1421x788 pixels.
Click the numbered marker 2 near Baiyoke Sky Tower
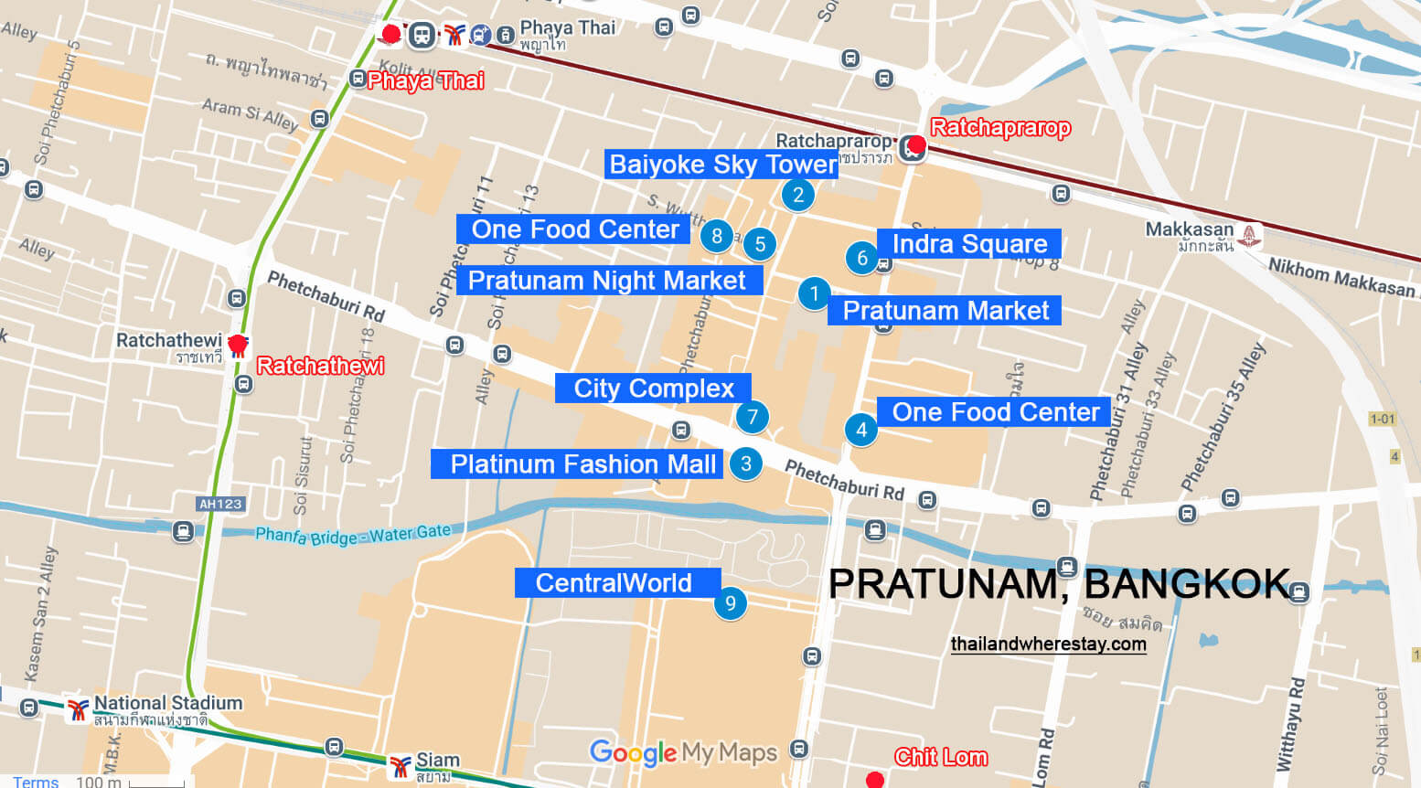pyautogui.click(x=798, y=195)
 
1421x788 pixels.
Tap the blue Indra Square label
pyautogui.click(x=969, y=244)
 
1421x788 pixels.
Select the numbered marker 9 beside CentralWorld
pyautogui.click(x=730, y=603)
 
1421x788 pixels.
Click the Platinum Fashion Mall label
pyautogui.click(x=582, y=464)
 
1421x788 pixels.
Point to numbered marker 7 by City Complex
pyautogui.click(x=752, y=418)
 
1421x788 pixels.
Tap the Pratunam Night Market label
pyautogui.click(x=607, y=281)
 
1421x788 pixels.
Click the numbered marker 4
pyautogui.click(x=860, y=430)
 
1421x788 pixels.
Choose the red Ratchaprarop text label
pyautogui.click(x=999, y=128)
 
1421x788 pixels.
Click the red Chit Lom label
pyautogui.click(x=940, y=757)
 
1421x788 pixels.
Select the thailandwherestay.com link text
pyautogui.click(x=1048, y=644)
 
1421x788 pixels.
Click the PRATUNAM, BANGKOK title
pyautogui.click(x=1059, y=584)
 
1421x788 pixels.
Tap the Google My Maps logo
pyautogui.click(x=683, y=752)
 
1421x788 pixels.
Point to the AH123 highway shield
pyautogui.click(x=220, y=504)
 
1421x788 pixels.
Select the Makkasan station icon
pyautogui.click(x=1249, y=237)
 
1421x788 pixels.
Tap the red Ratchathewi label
pyautogui.click(x=320, y=367)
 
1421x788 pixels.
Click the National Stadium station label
pyautogui.click(x=167, y=704)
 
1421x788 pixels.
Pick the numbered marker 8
pyautogui.click(x=717, y=236)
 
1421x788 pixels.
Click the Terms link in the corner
pyautogui.click(x=36, y=782)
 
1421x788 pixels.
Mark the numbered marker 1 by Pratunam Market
pyautogui.click(x=814, y=294)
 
